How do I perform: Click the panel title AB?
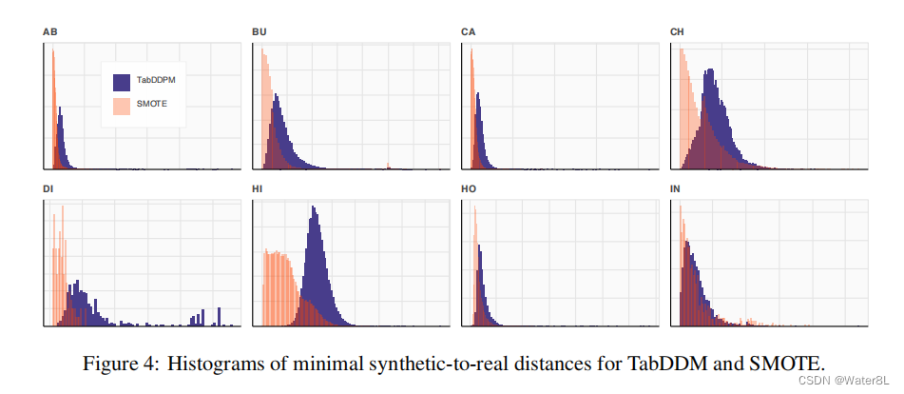click(48, 32)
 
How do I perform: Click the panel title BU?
click(259, 32)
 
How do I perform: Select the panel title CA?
click(468, 32)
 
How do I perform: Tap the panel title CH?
click(677, 32)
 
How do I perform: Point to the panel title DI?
click(48, 188)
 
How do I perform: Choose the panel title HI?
click(257, 188)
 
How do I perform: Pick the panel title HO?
click(468, 188)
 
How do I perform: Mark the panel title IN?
click(675, 188)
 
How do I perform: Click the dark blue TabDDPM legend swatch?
click(122, 81)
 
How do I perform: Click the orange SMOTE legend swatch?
click(122, 106)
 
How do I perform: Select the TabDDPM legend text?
click(156, 81)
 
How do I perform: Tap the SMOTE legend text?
click(152, 106)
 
